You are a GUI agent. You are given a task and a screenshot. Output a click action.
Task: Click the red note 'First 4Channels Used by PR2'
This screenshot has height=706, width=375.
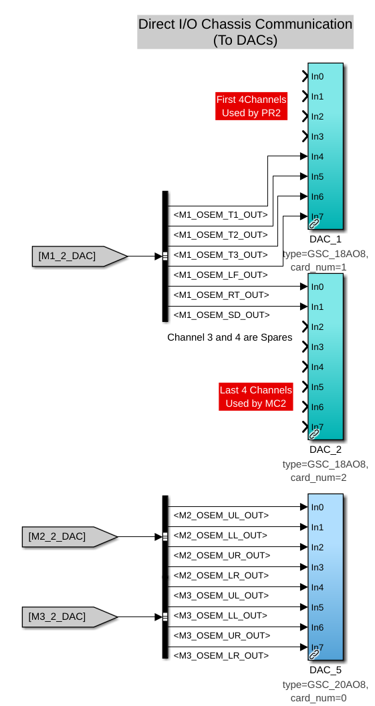pos(251,106)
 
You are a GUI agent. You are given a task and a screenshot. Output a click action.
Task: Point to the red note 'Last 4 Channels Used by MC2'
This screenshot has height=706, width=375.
pos(256,397)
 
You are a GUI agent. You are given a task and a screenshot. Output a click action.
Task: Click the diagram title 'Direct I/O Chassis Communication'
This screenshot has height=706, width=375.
pos(245,24)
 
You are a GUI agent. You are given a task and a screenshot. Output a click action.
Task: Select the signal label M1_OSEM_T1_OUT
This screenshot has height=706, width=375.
pos(221,215)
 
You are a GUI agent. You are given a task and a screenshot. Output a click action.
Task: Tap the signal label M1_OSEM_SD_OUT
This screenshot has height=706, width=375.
pos(222,315)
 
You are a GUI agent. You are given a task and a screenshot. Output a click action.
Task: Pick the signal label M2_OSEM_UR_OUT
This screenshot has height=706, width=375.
pos(222,555)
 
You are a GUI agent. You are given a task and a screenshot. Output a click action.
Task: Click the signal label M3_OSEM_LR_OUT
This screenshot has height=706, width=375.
pos(221,655)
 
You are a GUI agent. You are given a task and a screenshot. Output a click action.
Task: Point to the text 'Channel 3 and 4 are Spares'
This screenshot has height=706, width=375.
pos(230,337)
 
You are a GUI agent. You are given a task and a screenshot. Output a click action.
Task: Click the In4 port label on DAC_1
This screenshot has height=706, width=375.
pos(318,157)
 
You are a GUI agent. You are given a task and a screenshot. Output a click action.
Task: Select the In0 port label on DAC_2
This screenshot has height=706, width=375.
pos(318,287)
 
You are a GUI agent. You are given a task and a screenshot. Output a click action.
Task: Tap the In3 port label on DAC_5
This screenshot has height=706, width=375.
pos(318,567)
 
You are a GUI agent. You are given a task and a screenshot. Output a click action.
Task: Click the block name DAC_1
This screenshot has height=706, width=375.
pos(326,239)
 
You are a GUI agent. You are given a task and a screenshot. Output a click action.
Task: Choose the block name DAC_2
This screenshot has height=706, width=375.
pos(326,450)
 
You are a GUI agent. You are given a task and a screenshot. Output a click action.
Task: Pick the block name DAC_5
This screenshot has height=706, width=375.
pos(326,669)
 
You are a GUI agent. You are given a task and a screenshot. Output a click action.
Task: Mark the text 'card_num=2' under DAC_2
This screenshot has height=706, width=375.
pos(319,478)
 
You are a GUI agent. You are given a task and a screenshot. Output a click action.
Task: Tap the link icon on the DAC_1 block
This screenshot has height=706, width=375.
pos(314,223)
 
